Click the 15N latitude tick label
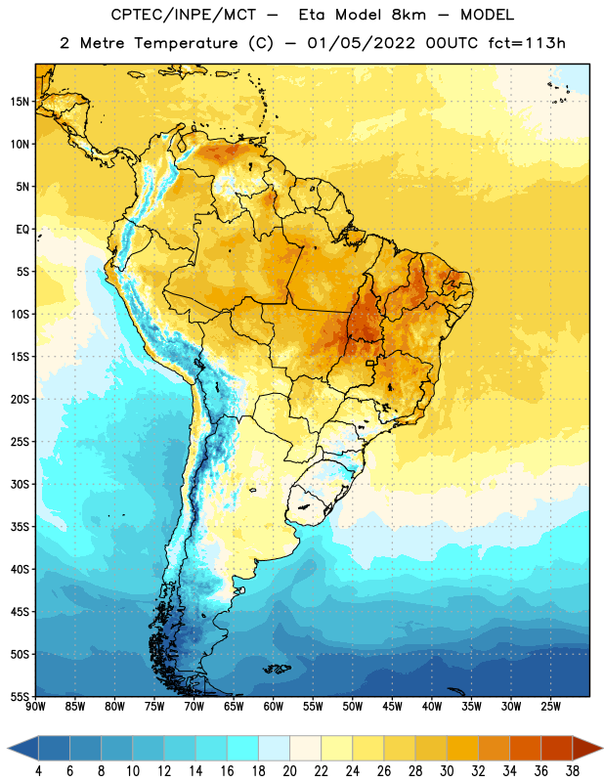[20, 102]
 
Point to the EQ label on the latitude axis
[22, 230]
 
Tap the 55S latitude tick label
[20, 696]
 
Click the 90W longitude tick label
[35, 706]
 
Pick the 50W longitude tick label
[353, 706]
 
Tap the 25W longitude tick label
[550, 706]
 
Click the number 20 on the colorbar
[289, 771]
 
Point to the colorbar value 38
[572, 771]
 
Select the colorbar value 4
[38, 771]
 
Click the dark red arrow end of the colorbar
[587, 748]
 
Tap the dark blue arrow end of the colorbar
[22, 748]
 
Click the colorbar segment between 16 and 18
[242, 748]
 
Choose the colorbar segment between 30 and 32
[462, 748]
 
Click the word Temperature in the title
[186, 43]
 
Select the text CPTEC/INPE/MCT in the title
[184, 15]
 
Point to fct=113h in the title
[527, 43]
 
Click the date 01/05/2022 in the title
[361, 43]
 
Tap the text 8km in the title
[409, 15]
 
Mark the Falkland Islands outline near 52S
[278, 669]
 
